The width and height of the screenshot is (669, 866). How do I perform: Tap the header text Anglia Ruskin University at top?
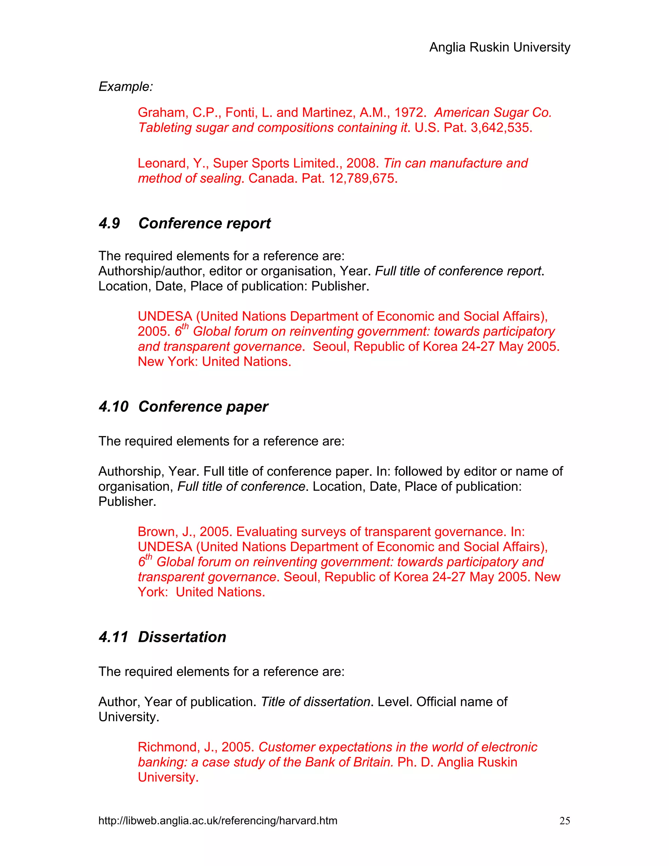pyautogui.click(x=499, y=47)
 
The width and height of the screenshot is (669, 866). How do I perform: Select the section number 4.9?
pyautogui.click(x=109, y=223)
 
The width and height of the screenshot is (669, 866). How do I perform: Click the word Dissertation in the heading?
pyautogui.click(x=182, y=637)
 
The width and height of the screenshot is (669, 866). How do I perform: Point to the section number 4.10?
pyautogui.click(x=113, y=407)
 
